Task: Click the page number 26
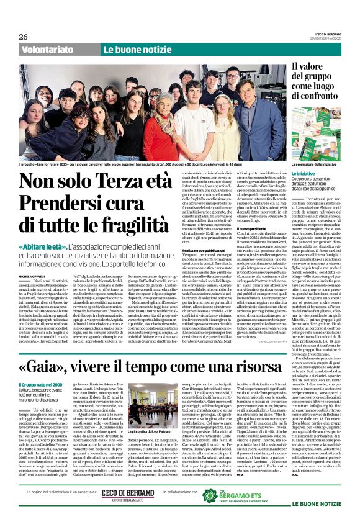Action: [x=24, y=37]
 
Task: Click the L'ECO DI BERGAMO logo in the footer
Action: [x=127, y=494]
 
